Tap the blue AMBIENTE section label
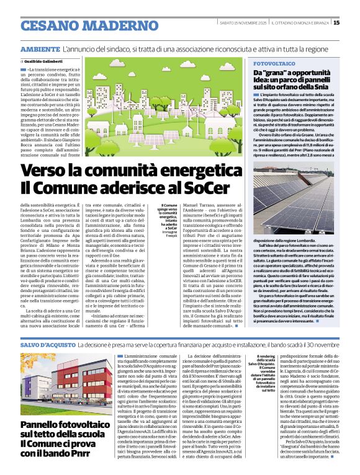[40, 49]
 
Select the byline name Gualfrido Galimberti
[44, 61]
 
